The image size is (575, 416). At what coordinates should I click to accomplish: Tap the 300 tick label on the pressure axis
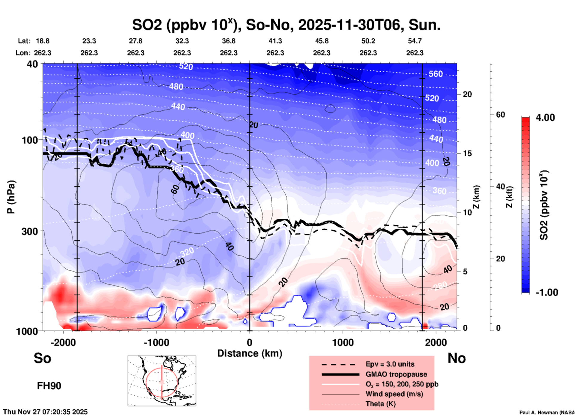click(30, 232)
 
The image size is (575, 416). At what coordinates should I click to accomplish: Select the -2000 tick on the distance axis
click(63, 342)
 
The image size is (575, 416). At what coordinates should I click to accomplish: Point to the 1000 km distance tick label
click(343, 342)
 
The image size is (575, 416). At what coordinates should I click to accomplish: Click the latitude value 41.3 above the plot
click(275, 41)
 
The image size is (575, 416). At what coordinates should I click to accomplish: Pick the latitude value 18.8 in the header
click(43, 41)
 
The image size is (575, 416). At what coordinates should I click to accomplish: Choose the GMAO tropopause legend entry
click(396, 374)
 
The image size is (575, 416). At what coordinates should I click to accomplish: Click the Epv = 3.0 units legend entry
click(390, 364)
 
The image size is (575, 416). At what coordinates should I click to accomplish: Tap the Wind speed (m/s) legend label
click(394, 394)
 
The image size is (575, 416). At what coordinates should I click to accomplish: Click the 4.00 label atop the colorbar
click(545, 118)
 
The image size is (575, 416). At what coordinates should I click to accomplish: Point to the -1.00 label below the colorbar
click(547, 292)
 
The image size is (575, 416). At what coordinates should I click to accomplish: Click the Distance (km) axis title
click(250, 353)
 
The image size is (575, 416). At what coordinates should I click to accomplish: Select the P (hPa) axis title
click(11, 197)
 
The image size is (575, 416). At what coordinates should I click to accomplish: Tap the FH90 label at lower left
click(49, 386)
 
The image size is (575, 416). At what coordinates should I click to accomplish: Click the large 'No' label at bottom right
click(456, 358)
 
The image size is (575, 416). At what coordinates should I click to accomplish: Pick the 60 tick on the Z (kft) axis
click(500, 115)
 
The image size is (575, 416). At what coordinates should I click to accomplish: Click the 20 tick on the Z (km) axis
click(467, 94)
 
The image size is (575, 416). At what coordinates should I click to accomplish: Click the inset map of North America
click(162, 381)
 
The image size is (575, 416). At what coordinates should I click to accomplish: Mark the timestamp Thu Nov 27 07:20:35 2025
click(45, 412)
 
